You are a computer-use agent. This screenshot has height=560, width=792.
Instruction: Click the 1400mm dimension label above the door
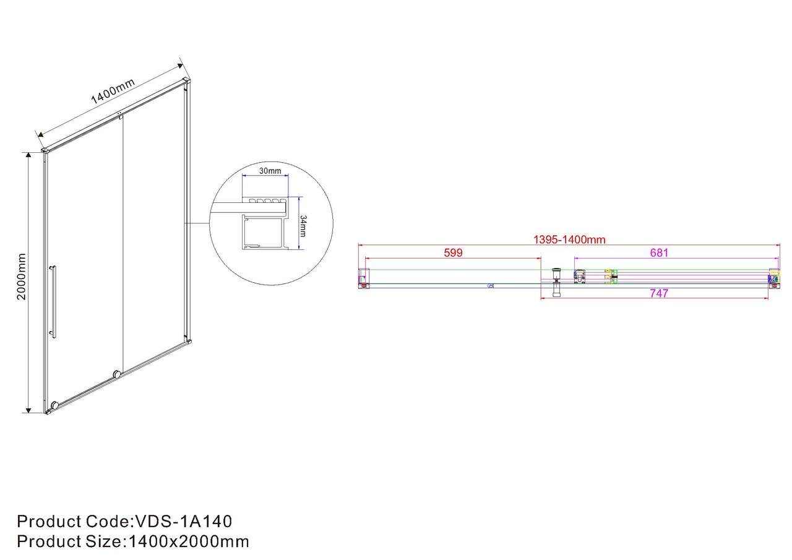[x=113, y=91]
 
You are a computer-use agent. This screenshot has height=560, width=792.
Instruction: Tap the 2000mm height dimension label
[x=21, y=277]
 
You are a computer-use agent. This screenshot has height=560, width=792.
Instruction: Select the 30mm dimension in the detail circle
[x=270, y=171]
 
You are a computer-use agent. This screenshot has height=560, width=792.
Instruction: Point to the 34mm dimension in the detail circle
[x=303, y=226]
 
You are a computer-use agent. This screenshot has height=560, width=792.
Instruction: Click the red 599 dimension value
[x=453, y=253]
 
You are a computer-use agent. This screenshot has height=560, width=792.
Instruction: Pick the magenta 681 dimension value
[x=659, y=253]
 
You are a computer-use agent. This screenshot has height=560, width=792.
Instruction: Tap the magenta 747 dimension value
[x=659, y=293]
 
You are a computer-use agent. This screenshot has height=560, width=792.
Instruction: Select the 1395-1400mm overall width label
[x=569, y=239]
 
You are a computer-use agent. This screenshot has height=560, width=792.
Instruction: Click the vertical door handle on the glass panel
[x=53, y=302]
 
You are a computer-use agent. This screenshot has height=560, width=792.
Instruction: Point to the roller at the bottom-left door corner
[x=55, y=405]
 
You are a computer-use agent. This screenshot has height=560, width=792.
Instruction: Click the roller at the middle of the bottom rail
[x=117, y=374]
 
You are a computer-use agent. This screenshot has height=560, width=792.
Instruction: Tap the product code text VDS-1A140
[x=184, y=522]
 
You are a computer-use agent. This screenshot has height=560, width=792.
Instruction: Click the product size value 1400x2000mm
[x=189, y=541]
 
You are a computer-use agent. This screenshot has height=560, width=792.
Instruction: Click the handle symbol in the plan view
[x=556, y=282]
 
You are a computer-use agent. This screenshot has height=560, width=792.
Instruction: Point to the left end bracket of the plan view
[x=364, y=278]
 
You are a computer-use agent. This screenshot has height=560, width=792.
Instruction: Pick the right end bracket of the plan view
[x=774, y=278]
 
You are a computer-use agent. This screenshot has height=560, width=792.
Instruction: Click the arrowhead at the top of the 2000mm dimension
[x=28, y=155]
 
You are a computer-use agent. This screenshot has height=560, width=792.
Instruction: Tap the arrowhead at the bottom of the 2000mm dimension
[x=28, y=410]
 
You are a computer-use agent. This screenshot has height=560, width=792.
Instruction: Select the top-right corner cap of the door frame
[x=187, y=81]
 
